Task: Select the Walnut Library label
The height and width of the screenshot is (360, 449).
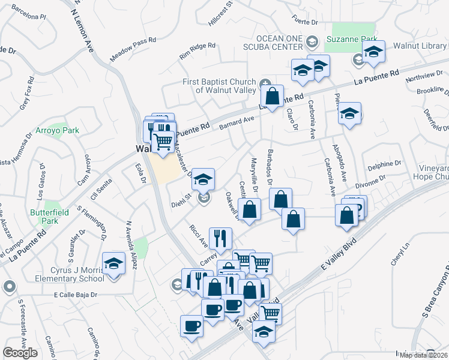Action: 421,46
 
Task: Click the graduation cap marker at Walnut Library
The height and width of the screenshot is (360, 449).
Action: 373,53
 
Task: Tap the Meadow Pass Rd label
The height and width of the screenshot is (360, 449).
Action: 133,49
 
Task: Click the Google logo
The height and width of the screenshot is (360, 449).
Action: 20,353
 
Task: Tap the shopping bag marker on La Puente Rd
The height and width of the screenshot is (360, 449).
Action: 272,95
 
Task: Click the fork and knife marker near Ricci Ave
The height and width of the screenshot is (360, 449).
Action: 220,238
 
